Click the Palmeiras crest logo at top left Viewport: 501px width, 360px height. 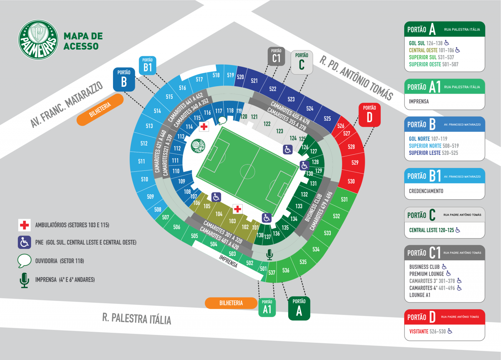[x=38, y=40]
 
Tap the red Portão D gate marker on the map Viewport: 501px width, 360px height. [x=369, y=115]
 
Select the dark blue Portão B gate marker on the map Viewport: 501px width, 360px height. [x=124, y=79]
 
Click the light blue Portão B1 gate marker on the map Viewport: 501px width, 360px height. [x=147, y=65]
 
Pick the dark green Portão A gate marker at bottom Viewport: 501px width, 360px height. [x=299, y=308]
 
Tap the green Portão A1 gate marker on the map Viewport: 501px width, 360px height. [x=267, y=307]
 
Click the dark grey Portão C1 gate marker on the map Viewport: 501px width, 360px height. [x=276, y=56]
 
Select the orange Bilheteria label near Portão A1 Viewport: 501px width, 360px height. [x=231, y=303]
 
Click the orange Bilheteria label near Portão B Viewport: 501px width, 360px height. [x=100, y=110]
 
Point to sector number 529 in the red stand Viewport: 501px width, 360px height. [x=355, y=163]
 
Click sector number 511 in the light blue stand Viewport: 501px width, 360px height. [x=142, y=161]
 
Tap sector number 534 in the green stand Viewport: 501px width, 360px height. [x=316, y=249]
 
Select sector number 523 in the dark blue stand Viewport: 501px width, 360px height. [x=291, y=99]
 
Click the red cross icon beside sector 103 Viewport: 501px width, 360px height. [x=238, y=209]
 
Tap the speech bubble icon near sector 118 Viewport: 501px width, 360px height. [x=222, y=120]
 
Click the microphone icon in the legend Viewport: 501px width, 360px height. [x=24, y=280]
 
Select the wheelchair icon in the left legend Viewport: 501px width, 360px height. [x=24, y=242]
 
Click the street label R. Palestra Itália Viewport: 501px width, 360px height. [x=137, y=319]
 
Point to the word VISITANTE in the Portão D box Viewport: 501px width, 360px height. [x=419, y=331]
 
